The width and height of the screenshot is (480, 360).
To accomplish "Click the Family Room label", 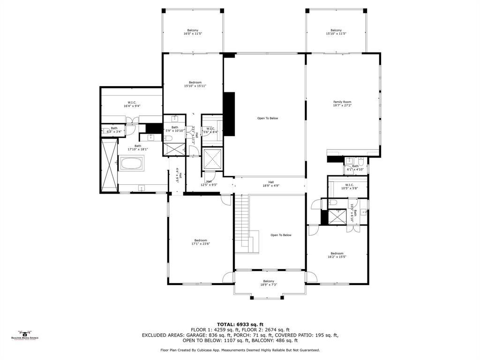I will point(342,104).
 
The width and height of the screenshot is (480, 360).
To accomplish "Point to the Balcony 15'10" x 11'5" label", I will point(336,32).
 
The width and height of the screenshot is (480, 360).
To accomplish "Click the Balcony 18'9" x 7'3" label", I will point(269,283).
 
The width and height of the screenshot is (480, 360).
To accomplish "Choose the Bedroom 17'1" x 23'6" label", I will point(201,242).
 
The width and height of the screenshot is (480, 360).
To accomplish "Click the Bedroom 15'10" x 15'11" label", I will point(195,84).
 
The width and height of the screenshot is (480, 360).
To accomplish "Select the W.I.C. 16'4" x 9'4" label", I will point(132,104).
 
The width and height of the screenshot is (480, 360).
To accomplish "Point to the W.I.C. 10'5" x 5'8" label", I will point(349,187).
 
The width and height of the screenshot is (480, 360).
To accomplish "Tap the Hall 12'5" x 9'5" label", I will point(209,183).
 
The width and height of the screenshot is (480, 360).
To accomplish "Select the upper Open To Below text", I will point(267,118).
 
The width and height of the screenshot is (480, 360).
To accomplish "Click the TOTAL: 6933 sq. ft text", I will point(240,324).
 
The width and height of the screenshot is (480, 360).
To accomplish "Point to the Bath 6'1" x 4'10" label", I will point(355,167).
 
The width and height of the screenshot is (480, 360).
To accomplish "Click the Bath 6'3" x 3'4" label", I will point(114,130).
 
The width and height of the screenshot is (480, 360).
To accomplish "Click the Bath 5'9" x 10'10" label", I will point(174,129).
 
